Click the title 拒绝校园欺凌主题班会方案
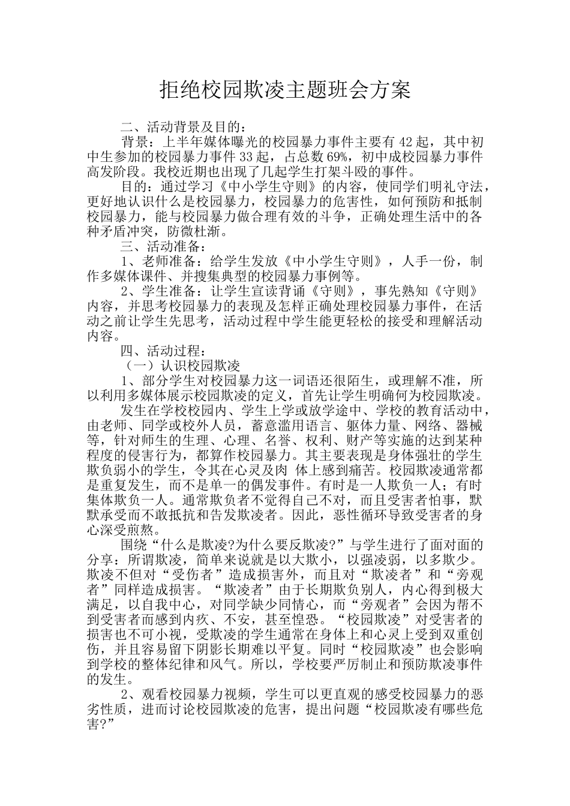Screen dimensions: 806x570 [285, 90]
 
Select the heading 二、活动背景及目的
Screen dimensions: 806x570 [183, 127]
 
